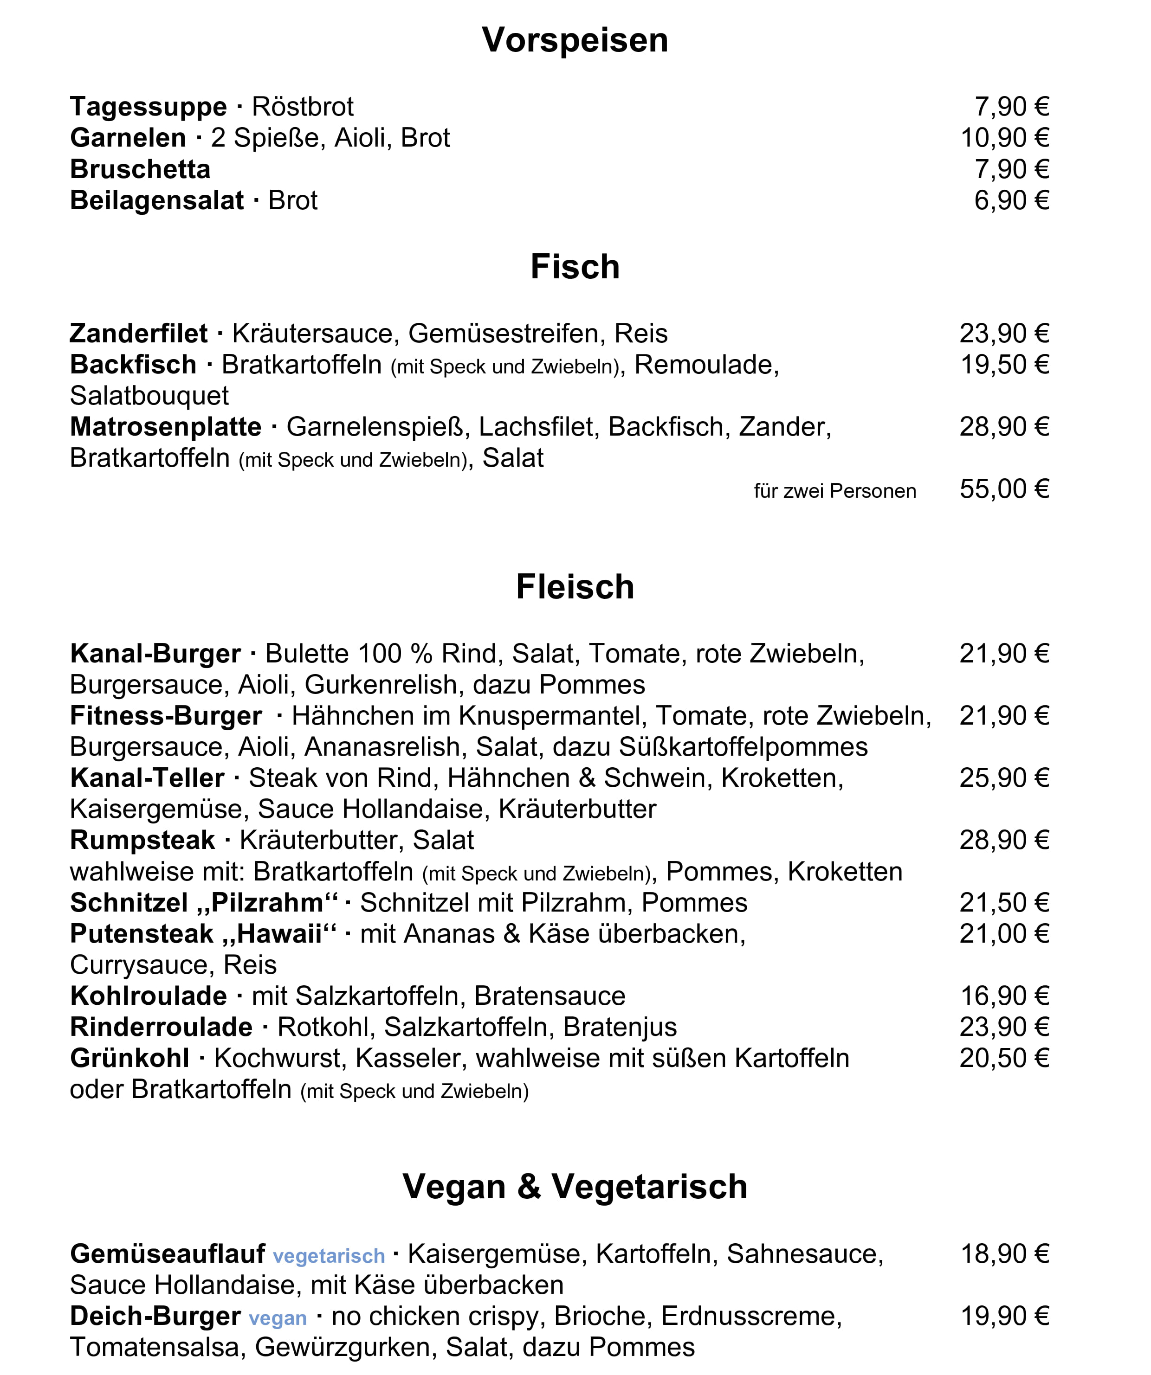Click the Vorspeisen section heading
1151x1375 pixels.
coord(575,41)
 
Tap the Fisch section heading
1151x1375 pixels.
coord(575,267)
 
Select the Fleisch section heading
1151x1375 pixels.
coord(575,587)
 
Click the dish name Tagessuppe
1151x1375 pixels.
coord(148,107)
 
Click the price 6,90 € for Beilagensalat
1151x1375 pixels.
coord(1011,200)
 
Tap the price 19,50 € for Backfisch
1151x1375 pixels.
coord(1004,365)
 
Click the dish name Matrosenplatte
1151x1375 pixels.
coord(166,427)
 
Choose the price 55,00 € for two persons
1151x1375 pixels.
coord(1004,489)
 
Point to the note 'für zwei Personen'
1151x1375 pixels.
coord(834,491)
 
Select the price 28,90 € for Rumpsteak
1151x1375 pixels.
coord(1004,840)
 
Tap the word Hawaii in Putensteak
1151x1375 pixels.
coord(280,934)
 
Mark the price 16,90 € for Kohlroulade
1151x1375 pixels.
coord(1004,996)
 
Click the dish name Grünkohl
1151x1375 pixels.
coord(129,1058)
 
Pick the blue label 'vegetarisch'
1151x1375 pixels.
coord(329,1256)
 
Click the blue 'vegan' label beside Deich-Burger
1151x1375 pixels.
coord(278,1318)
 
